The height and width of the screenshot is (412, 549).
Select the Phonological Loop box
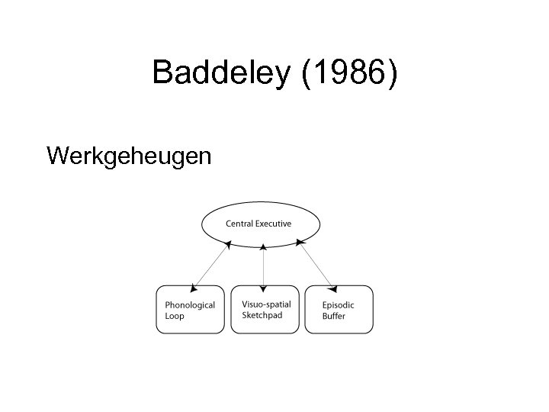point(190,309)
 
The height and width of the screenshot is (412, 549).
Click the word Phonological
point(190,305)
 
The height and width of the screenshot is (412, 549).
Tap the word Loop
point(175,316)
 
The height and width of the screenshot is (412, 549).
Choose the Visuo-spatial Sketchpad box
point(263,309)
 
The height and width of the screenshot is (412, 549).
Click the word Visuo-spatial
point(266,304)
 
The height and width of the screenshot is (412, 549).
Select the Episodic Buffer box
point(339,309)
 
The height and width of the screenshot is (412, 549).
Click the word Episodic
point(338,305)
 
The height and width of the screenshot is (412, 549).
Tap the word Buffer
point(333,316)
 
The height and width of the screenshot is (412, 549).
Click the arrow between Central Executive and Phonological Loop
point(210,266)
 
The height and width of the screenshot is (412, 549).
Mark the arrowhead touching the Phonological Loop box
point(193,287)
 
